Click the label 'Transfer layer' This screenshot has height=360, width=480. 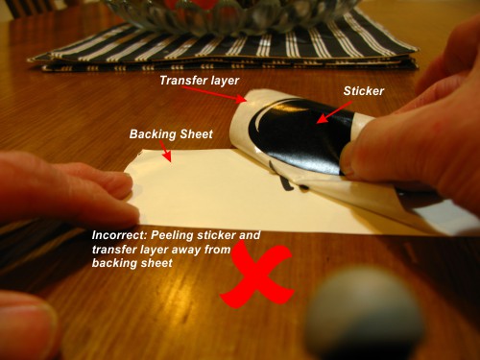[199, 81]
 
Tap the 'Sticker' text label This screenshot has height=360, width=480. [364, 91]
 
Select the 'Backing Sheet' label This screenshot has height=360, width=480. [171, 134]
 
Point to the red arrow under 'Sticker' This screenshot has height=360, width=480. [334, 112]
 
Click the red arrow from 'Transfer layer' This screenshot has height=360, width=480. [214, 94]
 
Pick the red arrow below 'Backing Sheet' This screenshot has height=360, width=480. [165, 151]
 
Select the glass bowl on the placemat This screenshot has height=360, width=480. [230, 14]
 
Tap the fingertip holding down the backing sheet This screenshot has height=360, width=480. [127, 184]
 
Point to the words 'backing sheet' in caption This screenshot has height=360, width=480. [132, 263]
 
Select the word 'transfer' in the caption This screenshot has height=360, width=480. [112, 250]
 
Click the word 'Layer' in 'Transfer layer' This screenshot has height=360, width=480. [224, 81]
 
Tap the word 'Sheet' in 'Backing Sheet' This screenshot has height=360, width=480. [197, 134]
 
